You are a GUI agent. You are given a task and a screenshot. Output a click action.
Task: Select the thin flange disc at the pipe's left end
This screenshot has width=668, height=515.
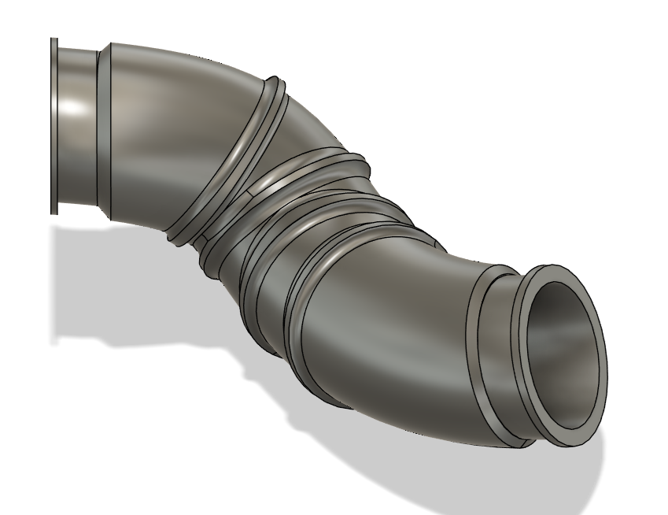point(54,126)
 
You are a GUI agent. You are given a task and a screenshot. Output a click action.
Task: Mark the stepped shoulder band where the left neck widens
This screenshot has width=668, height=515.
point(104,126)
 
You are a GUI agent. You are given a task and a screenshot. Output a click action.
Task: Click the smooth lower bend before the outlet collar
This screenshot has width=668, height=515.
point(393,331)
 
